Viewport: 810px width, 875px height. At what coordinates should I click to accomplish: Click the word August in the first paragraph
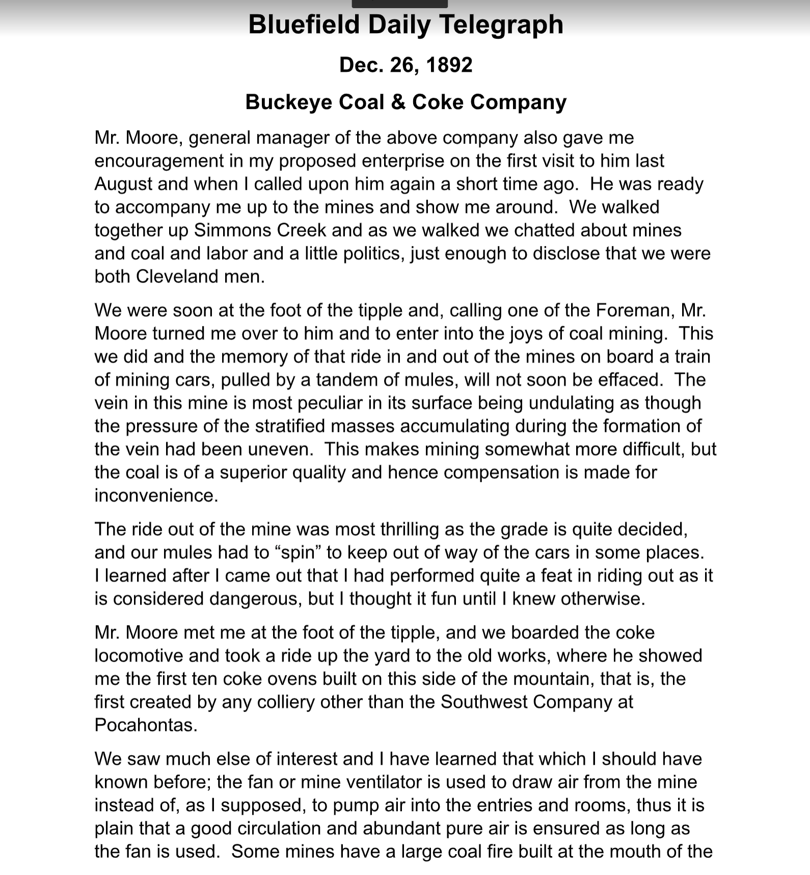click(x=123, y=184)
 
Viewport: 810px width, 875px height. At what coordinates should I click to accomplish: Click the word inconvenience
click(x=156, y=496)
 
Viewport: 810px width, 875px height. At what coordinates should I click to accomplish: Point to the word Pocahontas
click(x=145, y=725)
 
